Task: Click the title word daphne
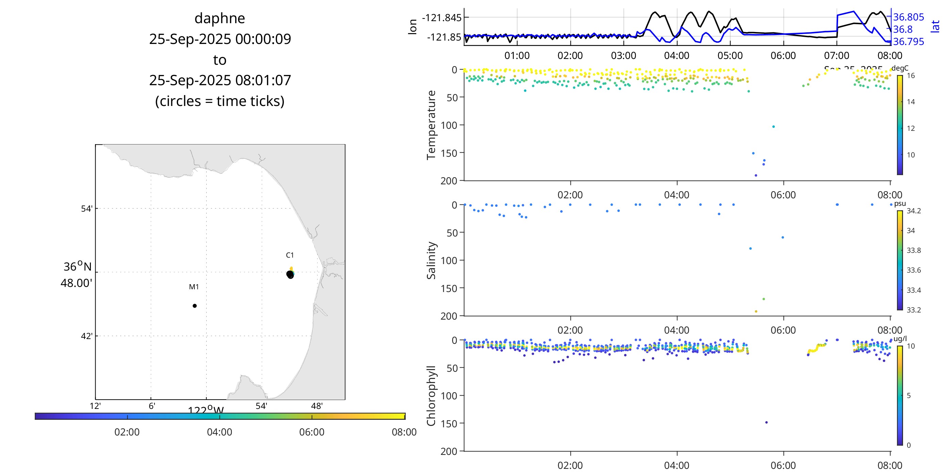coord(220,18)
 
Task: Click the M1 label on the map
coord(194,287)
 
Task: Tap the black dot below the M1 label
coord(194,306)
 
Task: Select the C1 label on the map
coord(290,255)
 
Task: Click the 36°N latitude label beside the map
coord(77,266)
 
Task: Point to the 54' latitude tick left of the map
coord(86,209)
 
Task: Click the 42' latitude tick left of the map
coord(86,336)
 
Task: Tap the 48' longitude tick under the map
coord(317,406)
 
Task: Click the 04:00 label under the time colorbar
coord(220,432)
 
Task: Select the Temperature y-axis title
coord(431,125)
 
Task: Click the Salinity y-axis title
coord(431,260)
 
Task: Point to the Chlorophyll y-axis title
coord(431,396)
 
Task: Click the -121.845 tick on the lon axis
coord(441,17)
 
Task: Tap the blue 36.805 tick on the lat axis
coord(908,17)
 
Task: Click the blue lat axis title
coord(935,27)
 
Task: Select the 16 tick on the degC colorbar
coord(911,76)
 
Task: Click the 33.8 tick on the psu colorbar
coord(914,250)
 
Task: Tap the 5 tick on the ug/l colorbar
coord(908,396)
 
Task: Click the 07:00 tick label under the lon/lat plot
coord(837,56)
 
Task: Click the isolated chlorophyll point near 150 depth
coord(766,422)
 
